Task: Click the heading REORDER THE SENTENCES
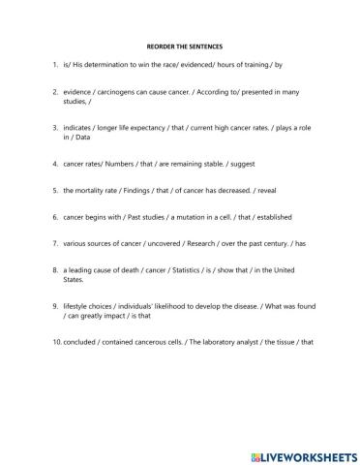pos(179,45)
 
